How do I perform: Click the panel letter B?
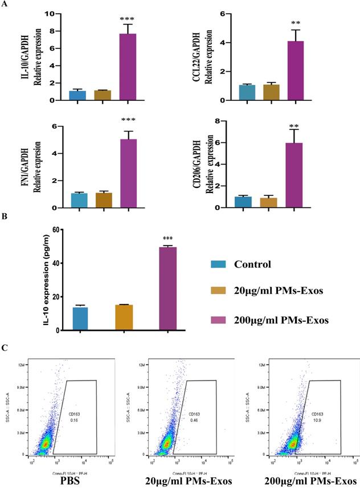click(x=5, y=217)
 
